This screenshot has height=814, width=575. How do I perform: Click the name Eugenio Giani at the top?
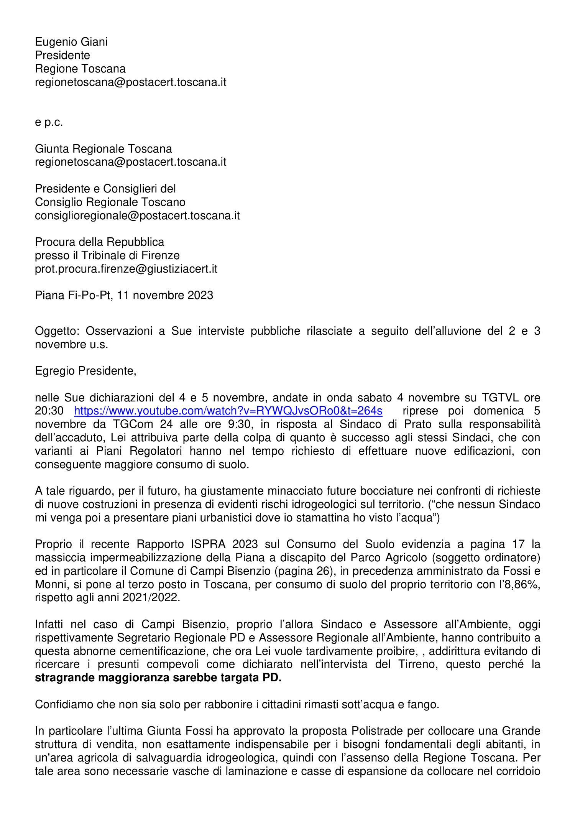coord(71,42)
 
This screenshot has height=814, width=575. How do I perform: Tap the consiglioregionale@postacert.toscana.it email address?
coord(137,215)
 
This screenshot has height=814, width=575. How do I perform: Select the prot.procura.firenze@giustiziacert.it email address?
coord(126,269)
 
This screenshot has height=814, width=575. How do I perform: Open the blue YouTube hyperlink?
coord(228,411)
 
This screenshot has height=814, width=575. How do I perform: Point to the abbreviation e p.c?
coord(49,122)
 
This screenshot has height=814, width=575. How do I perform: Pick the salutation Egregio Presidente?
coord(85,371)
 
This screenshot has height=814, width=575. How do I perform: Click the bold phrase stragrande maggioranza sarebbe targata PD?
coord(158,678)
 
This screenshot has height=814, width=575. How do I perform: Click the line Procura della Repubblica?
coord(99,242)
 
